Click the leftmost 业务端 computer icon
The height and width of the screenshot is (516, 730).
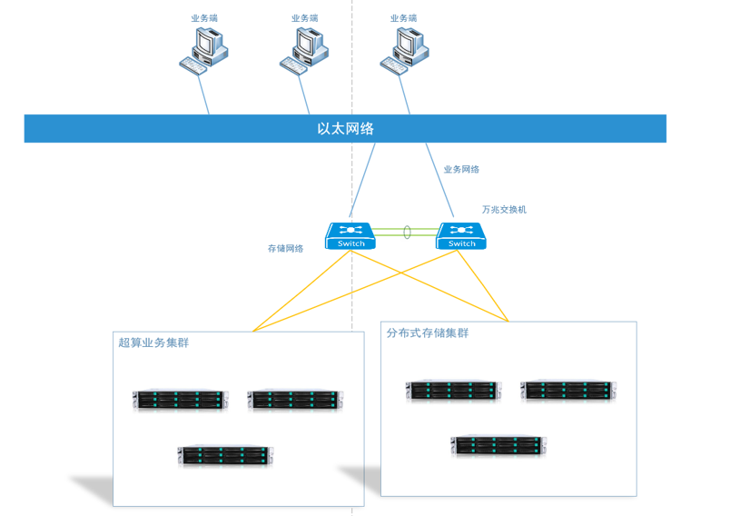tap(203, 49)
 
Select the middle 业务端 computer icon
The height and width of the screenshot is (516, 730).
tap(304, 49)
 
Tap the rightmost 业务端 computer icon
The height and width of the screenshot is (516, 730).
tap(403, 49)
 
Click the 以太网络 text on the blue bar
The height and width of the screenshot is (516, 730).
tap(345, 129)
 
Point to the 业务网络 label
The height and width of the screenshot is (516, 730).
tap(461, 170)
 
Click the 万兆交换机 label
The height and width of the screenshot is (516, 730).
tap(504, 210)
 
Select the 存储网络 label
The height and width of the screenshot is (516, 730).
tap(285, 248)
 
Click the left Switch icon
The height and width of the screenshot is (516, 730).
tap(350, 236)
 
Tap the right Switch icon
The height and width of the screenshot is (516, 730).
tap(461, 236)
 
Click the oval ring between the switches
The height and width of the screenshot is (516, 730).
tap(407, 233)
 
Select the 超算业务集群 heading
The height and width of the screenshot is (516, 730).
tap(153, 342)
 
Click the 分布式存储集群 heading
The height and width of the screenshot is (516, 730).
tap(428, 333)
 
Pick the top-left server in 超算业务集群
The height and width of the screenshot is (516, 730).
tap(180, 401)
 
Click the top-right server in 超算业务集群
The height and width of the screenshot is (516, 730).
tap(294, 401)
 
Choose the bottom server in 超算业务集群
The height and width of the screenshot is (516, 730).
tap(225, 455)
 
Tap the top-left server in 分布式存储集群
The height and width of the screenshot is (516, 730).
tap(452, 391)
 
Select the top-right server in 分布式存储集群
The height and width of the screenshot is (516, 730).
tap(567, 391)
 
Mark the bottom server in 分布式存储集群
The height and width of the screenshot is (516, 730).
tap(498, 445)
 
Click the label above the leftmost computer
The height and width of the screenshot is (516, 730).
tap(204, 18)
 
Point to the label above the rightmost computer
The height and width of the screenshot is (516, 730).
tap(404, 18)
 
